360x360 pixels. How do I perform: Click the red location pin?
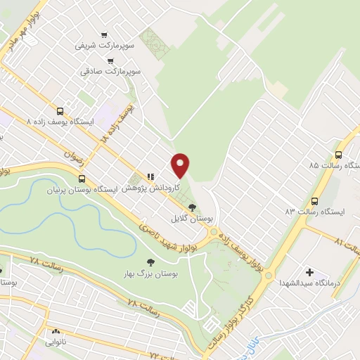(x=181, y=165)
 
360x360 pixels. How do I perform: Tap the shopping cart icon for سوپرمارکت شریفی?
(x=104, y=34)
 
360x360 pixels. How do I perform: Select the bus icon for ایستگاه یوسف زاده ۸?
(x=60, y=111)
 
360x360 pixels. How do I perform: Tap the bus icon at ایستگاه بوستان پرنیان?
(x=82, y=179)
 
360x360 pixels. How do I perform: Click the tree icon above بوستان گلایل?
(x=193, y=207)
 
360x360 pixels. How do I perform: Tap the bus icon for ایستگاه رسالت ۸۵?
(x=338, y=155)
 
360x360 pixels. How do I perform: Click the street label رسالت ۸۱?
(x=349, y=245)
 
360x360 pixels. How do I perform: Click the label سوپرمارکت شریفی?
(x=103, y=46)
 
